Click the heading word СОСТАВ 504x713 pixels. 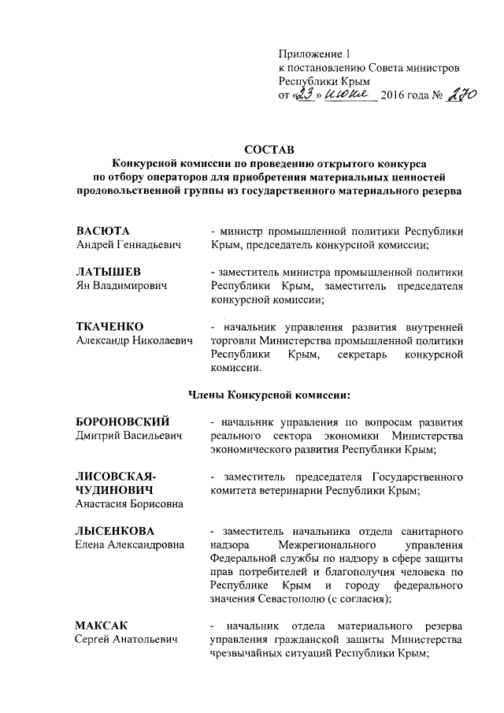coord(269,148)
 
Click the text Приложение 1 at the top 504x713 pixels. coord(313,54)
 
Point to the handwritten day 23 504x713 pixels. coord(303,95)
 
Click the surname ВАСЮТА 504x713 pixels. coord(102,231)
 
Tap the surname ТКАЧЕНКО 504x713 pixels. coord(109,326)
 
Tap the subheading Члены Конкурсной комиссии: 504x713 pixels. coord(268,394)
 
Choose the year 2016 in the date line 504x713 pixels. coord(397,96)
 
